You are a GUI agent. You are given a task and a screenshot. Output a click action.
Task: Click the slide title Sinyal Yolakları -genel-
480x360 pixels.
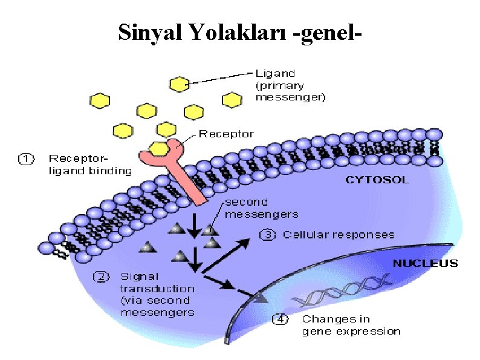tap(240, 33)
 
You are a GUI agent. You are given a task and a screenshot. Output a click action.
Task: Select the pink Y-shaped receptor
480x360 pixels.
tap(182, 172)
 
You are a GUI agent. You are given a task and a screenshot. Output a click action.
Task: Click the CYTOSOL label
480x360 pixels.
tap(377, 180)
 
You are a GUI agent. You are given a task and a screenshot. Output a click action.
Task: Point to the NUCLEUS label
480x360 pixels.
tap(425, 263)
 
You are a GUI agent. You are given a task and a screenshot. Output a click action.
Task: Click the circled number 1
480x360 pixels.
tap(25, 159)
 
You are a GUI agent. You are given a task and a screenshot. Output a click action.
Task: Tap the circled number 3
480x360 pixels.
tap(268, 235)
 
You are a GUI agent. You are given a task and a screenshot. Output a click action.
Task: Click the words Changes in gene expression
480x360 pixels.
tap(351, 325)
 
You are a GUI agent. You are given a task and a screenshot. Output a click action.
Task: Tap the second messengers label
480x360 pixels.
tap(261, 208)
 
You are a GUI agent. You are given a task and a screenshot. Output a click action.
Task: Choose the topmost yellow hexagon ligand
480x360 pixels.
tap(179, 83)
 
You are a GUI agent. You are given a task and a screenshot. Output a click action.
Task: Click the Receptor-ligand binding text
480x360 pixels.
tap(89, 165)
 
